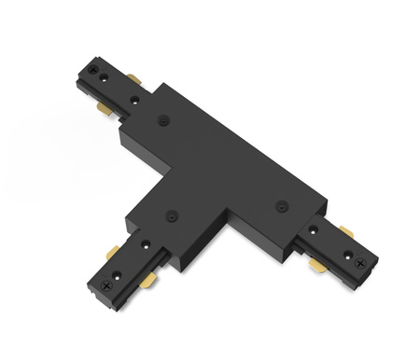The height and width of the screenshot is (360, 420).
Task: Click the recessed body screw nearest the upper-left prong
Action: (x=164, y=119)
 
